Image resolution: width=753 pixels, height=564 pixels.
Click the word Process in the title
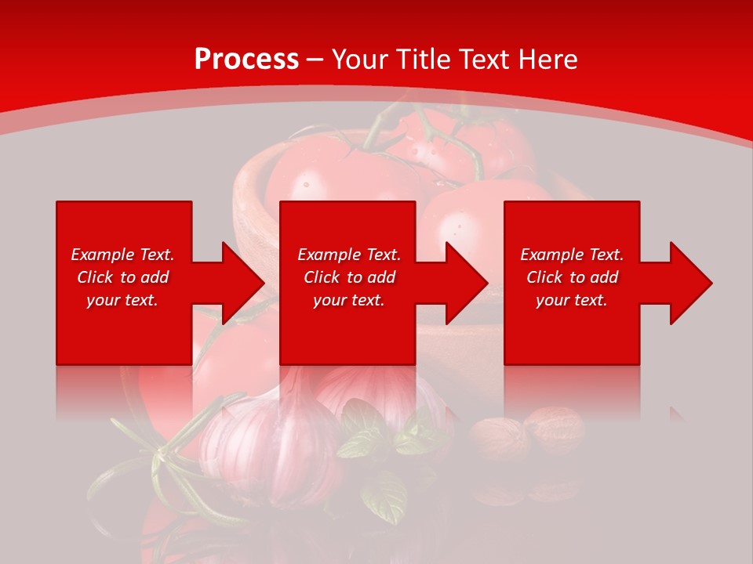click(x=246, y=59)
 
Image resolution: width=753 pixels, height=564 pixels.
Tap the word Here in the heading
click(x=546, y=59)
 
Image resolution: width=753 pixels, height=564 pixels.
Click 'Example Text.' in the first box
click(x=123, y=255)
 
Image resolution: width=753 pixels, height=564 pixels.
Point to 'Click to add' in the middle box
click(x=349, y=277)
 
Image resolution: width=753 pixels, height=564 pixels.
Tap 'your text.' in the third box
click(x=572, y=300)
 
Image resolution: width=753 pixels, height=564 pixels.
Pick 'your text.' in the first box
click(x=123, y=300)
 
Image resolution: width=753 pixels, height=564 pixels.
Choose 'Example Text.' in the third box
click(x=572, y=255)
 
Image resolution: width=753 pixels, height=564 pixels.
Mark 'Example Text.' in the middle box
click(x=349, y=255)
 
